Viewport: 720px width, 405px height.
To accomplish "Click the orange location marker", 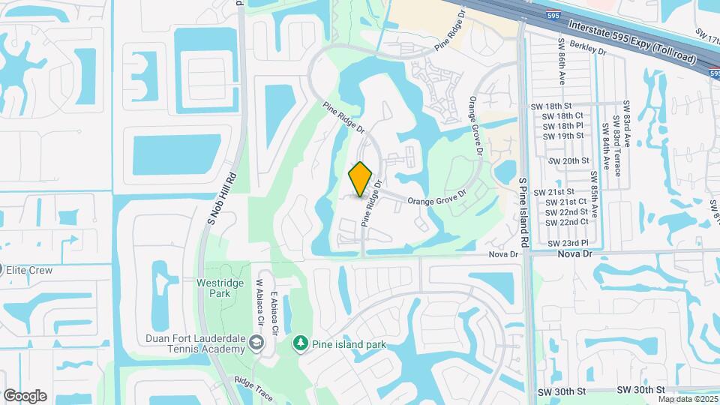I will pyautogui.click(x=361, y=178).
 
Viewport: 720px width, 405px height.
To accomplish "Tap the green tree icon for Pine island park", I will pyautogui.click(x=301, y=343).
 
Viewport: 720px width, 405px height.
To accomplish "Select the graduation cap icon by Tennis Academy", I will pyautogui.click(x=257, y=343).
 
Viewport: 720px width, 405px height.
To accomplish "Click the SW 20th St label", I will pyautogui.click(x=569, y=161).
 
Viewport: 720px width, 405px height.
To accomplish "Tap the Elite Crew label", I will pyautogui.click(x=30, y=270).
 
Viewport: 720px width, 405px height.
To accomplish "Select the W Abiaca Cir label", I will pyautogui.click(x=261, y=302).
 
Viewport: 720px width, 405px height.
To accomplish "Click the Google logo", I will pyautogui.click(x=25, y=396).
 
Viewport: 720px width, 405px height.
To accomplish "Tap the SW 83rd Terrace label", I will pyautogui.click(x=616, y=145).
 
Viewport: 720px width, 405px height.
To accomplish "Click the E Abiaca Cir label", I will pyautogui.click(x=275, y=312).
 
